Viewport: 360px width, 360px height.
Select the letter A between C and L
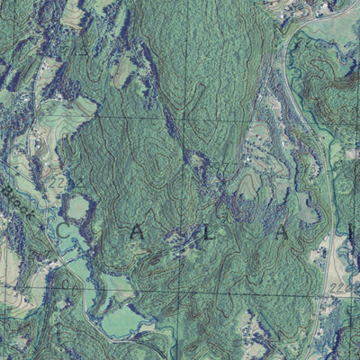click(x=137, y=231)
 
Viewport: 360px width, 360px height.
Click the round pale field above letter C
click(x=78, y=207)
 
